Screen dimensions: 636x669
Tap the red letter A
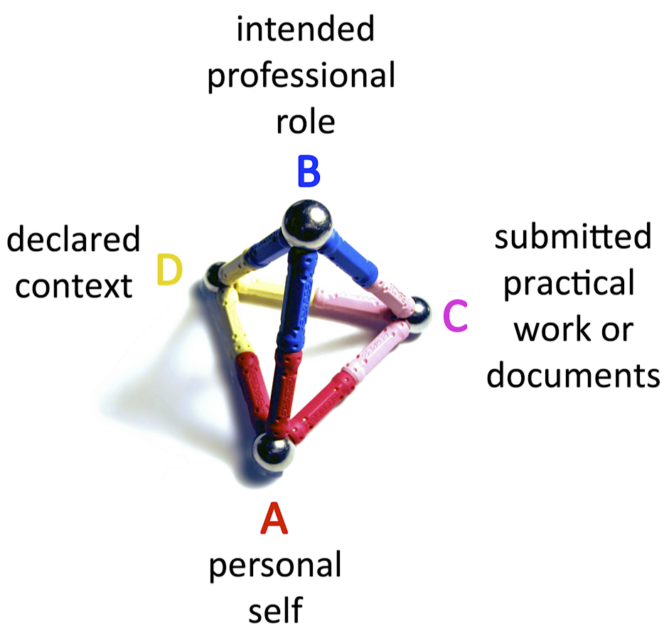[274, 519]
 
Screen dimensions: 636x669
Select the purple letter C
[455, 317]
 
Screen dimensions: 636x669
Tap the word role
[305, 122]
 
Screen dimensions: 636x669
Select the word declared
[73, 240]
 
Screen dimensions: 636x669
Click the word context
[74, 286]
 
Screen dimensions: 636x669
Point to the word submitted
[573, 237]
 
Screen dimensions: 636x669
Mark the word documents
[573, 376]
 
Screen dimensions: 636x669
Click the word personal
[274, 567]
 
